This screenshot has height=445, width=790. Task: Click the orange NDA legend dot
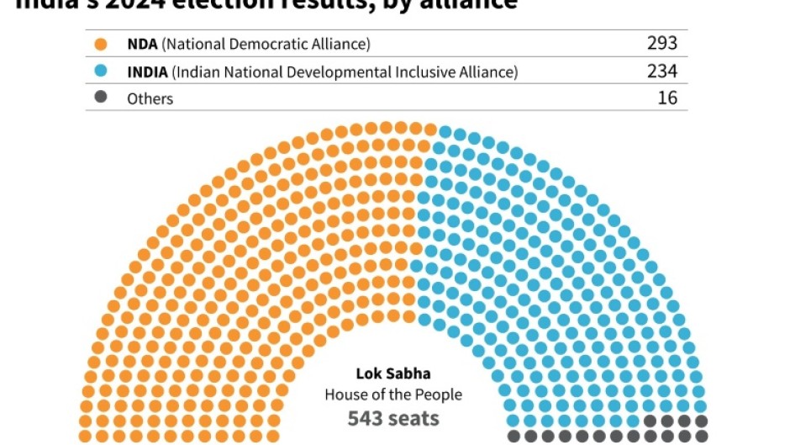click(x=102, y=44)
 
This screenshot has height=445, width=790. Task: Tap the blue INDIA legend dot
click(x=102, y=72)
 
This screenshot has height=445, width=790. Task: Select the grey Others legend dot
click(x=102, y=98)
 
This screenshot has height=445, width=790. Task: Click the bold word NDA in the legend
click(x=141, y=44)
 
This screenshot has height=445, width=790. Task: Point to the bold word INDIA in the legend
click(x=147, y=72)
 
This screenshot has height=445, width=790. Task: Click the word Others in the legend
click(x=150, y=98)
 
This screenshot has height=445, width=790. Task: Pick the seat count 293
click(x=661, y=44)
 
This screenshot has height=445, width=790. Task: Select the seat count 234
click(x=661, y=72)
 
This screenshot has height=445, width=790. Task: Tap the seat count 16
click(x=667, y=98)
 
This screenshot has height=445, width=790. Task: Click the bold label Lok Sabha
click(x=393, y=373)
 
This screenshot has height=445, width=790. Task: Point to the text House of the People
click(x=393, y=395)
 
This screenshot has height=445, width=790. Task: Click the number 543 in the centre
click(x=367, y=418)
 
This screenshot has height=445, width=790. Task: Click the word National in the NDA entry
click(x=196, y=44)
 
